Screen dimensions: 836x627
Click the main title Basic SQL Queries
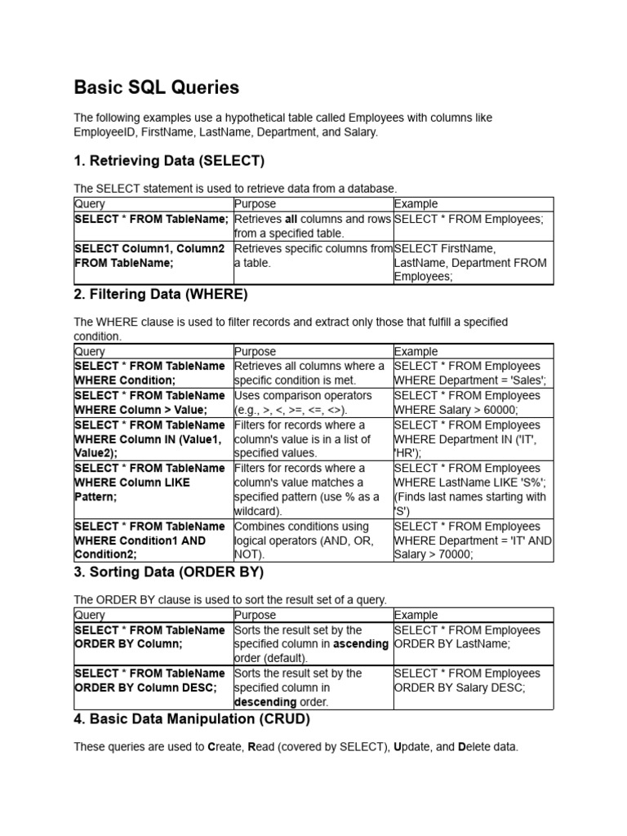click(x=157, y=87)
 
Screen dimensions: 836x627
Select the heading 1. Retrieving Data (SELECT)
click(x=169, y=160)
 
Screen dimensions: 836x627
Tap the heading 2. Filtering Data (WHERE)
click(x=160, y=294)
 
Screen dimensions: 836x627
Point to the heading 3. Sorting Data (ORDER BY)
click(x=168, y=572)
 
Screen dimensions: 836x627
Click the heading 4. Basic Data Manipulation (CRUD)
click(x=192, y=719)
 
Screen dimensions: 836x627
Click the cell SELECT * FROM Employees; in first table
click(x=469, y=220)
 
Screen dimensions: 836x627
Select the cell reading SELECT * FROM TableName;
click(x=151, y=220)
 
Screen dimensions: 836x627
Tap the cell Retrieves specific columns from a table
click(x=313, y=256)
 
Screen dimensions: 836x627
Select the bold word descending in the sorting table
click(x=265, y=702)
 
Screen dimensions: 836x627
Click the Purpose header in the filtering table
click(x=256, y=351)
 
